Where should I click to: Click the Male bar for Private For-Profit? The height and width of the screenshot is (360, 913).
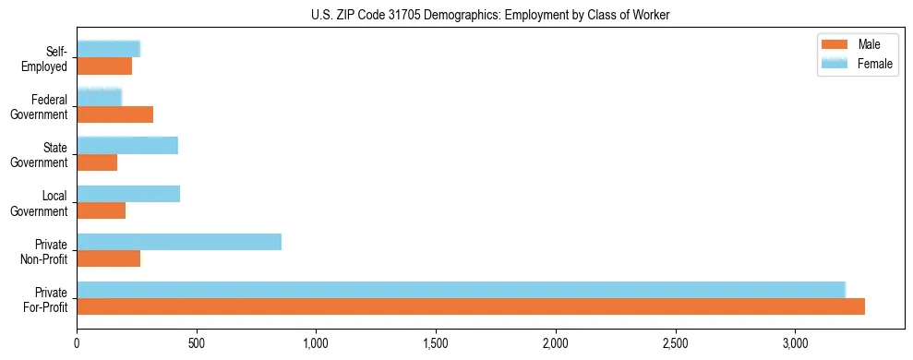(471, 306)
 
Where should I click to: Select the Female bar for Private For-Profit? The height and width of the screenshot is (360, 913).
(461, 290)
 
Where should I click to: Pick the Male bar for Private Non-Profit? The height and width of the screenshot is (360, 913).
(109, 258)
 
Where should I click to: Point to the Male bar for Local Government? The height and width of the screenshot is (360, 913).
(102, 210)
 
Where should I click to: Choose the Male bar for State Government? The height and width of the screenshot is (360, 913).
(97, 162)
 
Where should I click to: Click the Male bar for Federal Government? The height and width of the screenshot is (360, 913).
(115, 114)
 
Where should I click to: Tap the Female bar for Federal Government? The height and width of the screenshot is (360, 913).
(100, 98)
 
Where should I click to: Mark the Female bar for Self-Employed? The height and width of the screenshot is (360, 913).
(109, 50)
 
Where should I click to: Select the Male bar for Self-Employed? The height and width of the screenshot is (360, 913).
(104, 66)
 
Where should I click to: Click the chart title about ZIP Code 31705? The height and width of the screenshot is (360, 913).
(490, 14)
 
